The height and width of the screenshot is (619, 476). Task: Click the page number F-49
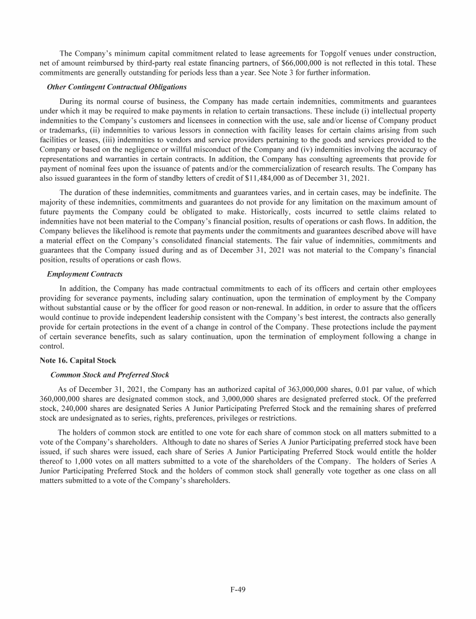point(237,589)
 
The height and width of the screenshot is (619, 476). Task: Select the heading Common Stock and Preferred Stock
point(109,374)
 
